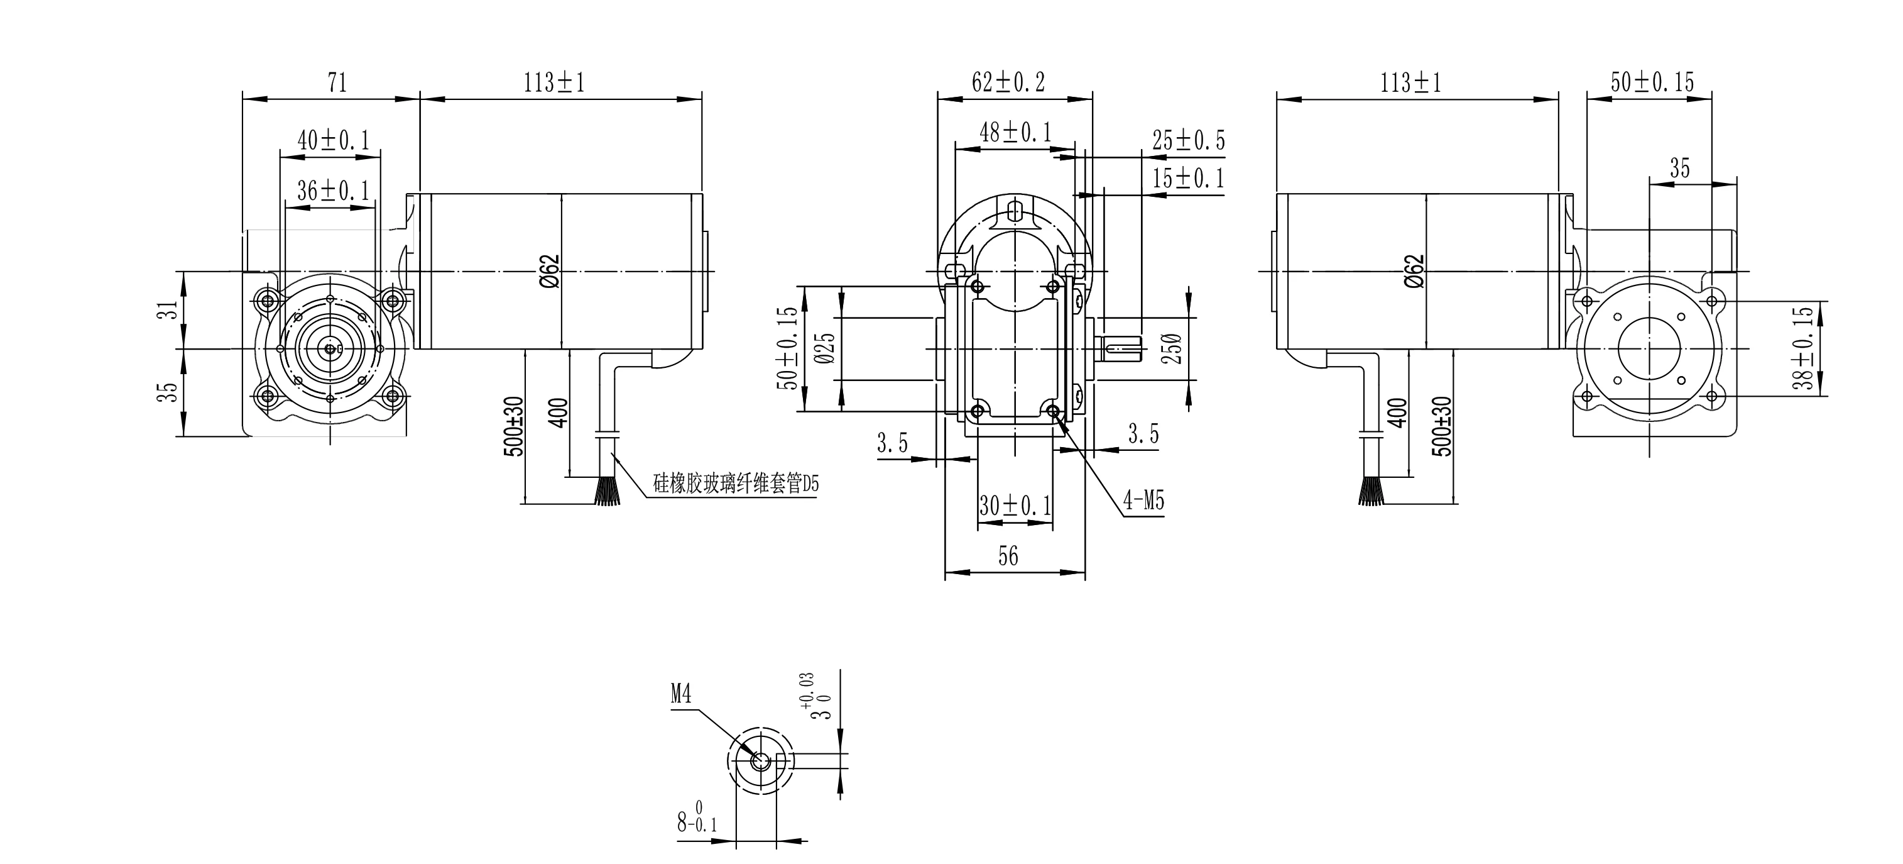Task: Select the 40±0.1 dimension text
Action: [x=332, y=139]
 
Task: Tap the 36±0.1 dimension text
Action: [x=332, y=191]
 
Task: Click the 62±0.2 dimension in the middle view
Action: [x=1008, y=82]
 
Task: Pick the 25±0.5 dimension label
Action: [x=1188, y=140]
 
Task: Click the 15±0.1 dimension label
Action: [x=1188, y=178]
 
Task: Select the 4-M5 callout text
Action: [x=1143, y=501]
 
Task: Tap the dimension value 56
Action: [x=1008, y=556]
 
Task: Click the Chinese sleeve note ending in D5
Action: [x=736, y=484]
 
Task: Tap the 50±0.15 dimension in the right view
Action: [x=1652, y=82]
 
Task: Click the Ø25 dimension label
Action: [x=827, y=347]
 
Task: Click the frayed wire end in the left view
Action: [x=606, y=492]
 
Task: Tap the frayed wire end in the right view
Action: [x=1370, y=492]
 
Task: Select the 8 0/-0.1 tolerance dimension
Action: [x=697, y=821]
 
